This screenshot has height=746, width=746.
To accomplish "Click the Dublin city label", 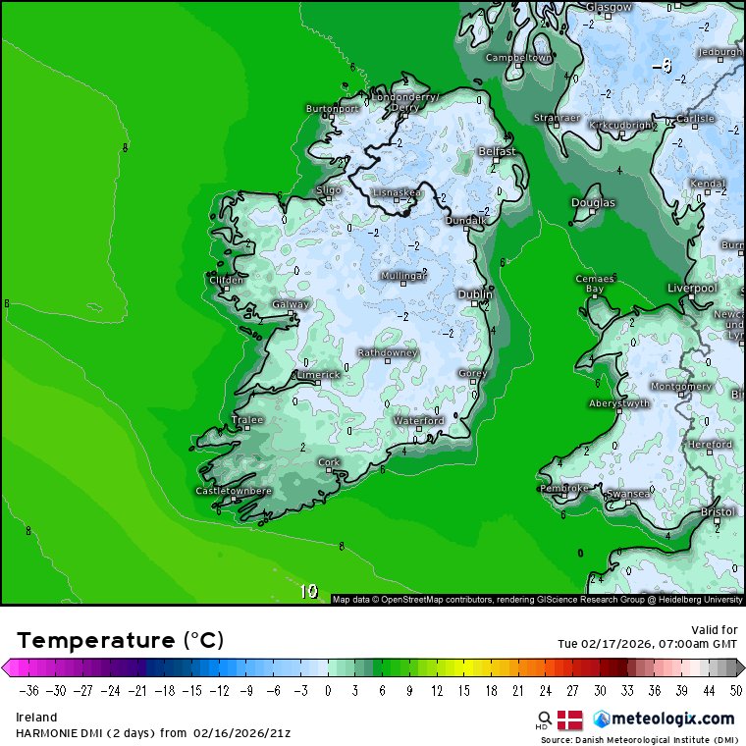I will click(475, 293).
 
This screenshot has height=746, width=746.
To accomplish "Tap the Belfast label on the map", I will click(497, 152).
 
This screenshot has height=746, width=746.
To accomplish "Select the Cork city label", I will click(329, 461).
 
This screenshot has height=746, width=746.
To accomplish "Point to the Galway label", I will click(291, 304).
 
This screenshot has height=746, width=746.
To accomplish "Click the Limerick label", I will click(318, 374).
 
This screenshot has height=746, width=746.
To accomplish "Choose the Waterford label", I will click(419, 420).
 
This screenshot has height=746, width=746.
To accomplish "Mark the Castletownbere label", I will click(234, 490).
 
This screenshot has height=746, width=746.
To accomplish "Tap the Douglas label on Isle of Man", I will click(593, 203).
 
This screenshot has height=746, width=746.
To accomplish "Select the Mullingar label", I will click(403, 277).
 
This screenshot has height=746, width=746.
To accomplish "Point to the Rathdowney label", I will click(388, 352).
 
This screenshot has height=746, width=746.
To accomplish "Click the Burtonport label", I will click(333, 109).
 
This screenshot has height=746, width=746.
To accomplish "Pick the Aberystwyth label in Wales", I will click(619, 403).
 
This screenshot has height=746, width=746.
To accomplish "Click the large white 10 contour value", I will click(308, 591).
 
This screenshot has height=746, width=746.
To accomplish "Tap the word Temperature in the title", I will click(95, 641).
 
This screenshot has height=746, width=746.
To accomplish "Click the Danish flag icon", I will click(570, 719).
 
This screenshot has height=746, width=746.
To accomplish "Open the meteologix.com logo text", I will click(672, 719).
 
